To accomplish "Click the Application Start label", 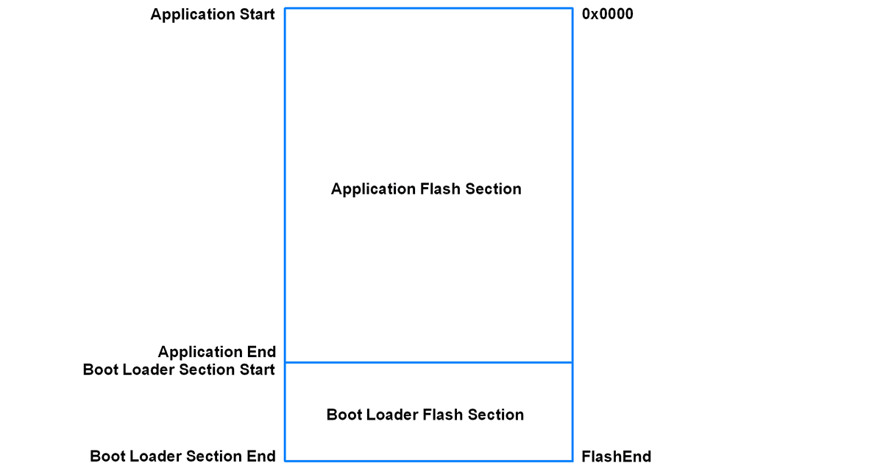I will point(213,15).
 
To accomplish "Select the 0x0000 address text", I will point(607,14).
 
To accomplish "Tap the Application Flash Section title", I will point(426,189).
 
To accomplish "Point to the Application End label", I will point(216,352).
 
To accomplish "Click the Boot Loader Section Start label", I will point(179,370).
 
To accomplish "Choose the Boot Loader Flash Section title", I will point(425,415).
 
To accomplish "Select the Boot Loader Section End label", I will point(182,456).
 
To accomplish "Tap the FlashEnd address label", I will point(616,456).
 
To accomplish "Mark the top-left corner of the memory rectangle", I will point(285,9).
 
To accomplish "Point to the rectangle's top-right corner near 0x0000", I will point(572,9).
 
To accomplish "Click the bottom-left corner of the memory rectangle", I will point(285,461).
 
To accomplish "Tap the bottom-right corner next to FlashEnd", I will point(572,461).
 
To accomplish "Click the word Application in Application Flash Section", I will point(373,189).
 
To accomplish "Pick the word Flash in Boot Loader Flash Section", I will point(443,415).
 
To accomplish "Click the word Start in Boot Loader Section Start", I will point(258,370).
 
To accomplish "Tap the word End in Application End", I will point(262,352).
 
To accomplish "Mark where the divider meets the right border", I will point(572,362).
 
